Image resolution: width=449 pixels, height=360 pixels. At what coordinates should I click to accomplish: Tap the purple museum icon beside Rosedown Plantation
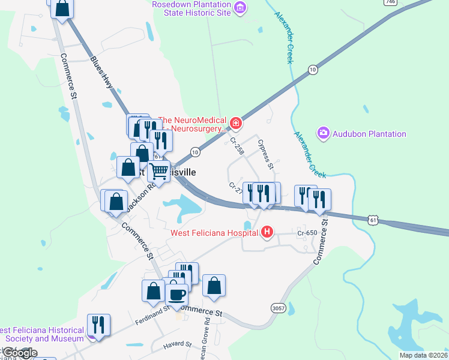[x=240, y=7]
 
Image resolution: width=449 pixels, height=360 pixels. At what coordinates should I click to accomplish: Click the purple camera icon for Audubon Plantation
[x=324, y=132]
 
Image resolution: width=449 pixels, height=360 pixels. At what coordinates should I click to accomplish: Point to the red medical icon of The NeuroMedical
[x=237, y=124]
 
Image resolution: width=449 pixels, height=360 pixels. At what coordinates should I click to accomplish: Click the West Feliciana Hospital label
[x=214, y=233]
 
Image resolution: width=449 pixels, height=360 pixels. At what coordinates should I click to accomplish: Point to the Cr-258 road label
[x=237, y=146]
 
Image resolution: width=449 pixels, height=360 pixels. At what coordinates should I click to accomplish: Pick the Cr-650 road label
[x=307, y=232]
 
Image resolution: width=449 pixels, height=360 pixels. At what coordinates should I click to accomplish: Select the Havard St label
[x=177, y=345]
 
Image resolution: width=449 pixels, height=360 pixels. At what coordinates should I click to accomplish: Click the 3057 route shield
[x=278, y=308]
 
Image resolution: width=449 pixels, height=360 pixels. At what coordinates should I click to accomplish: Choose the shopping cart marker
[x=159, y=171]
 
